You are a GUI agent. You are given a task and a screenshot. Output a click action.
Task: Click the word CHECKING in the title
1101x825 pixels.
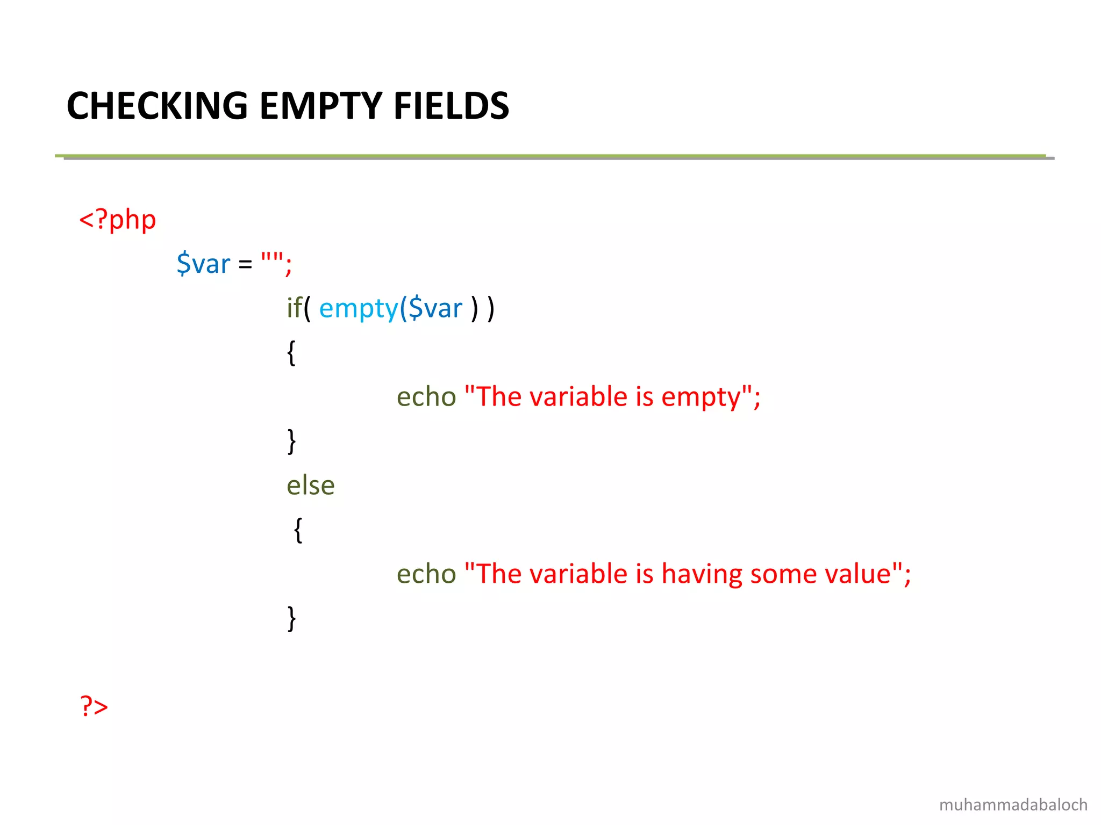coord(157,106)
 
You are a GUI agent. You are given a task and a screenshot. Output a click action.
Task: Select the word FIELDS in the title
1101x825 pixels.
coord(451,106)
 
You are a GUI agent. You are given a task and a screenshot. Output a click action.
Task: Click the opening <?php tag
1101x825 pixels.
coord(118,220)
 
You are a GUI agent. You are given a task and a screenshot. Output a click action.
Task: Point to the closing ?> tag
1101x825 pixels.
coord(94,706)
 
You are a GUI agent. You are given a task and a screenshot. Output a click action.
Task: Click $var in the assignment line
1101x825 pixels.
coord(203,264)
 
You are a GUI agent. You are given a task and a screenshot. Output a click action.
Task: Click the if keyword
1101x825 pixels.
coord(294,308)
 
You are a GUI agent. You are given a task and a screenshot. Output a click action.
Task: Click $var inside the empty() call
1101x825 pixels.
coord(435,309)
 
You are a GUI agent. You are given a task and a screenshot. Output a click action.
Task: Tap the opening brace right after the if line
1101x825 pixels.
coord(291,353)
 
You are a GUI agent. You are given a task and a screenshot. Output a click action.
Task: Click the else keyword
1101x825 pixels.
coord(310,486)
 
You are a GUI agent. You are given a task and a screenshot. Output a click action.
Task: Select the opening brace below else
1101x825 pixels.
coord(298,530)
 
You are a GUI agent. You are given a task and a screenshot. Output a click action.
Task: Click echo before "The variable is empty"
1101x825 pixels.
coord(426,397)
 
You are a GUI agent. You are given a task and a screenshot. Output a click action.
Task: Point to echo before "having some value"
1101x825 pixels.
coord(426,574)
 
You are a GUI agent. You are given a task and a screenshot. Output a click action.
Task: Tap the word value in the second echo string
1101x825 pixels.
coord(858,574)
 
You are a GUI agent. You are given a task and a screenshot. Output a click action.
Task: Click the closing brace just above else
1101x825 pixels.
coord(291,442)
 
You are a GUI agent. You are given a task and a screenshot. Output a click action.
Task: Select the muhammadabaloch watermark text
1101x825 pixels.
coord(1013,805)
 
